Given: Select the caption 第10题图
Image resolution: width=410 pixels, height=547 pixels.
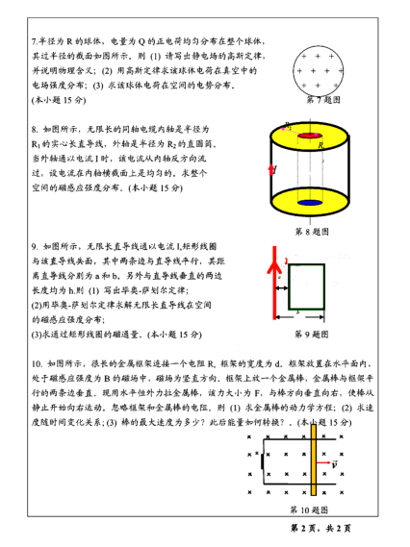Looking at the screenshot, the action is pos(308,510).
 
